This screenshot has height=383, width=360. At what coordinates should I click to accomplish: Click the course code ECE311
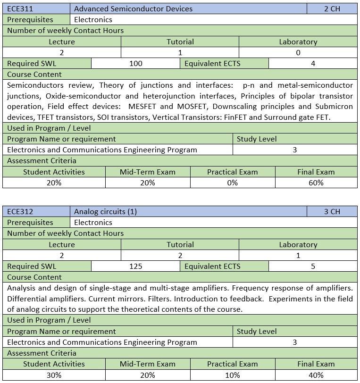[x=20, y=8]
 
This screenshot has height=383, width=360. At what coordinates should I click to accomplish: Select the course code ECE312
[x=20, y=211]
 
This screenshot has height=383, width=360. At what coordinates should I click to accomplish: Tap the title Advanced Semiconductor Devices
[x=133, y=8]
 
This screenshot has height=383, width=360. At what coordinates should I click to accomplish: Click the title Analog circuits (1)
[x=105, y=211]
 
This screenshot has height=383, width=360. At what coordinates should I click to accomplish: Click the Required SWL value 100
[x=135, y=63]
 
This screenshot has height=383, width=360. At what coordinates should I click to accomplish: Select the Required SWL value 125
[x=135, y=266]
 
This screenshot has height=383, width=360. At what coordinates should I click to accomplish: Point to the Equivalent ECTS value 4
[x=313, y=63]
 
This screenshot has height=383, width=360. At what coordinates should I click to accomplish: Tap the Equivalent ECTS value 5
[x=313, y=266]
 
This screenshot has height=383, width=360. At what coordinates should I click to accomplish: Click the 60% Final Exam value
[x=316, y=183]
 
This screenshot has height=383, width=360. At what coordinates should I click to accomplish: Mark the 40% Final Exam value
[x=316, y=375]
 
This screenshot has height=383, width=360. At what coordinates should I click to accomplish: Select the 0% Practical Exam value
[x=232, y=183]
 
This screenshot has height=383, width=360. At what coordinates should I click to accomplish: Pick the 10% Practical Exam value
[x=232, y=375]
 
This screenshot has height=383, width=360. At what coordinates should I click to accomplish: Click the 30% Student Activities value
[x=54, y=375]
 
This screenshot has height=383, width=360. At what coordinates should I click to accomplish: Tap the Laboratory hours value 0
[x=298, y=52]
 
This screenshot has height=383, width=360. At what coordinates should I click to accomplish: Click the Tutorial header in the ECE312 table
[x=180, y=244]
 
